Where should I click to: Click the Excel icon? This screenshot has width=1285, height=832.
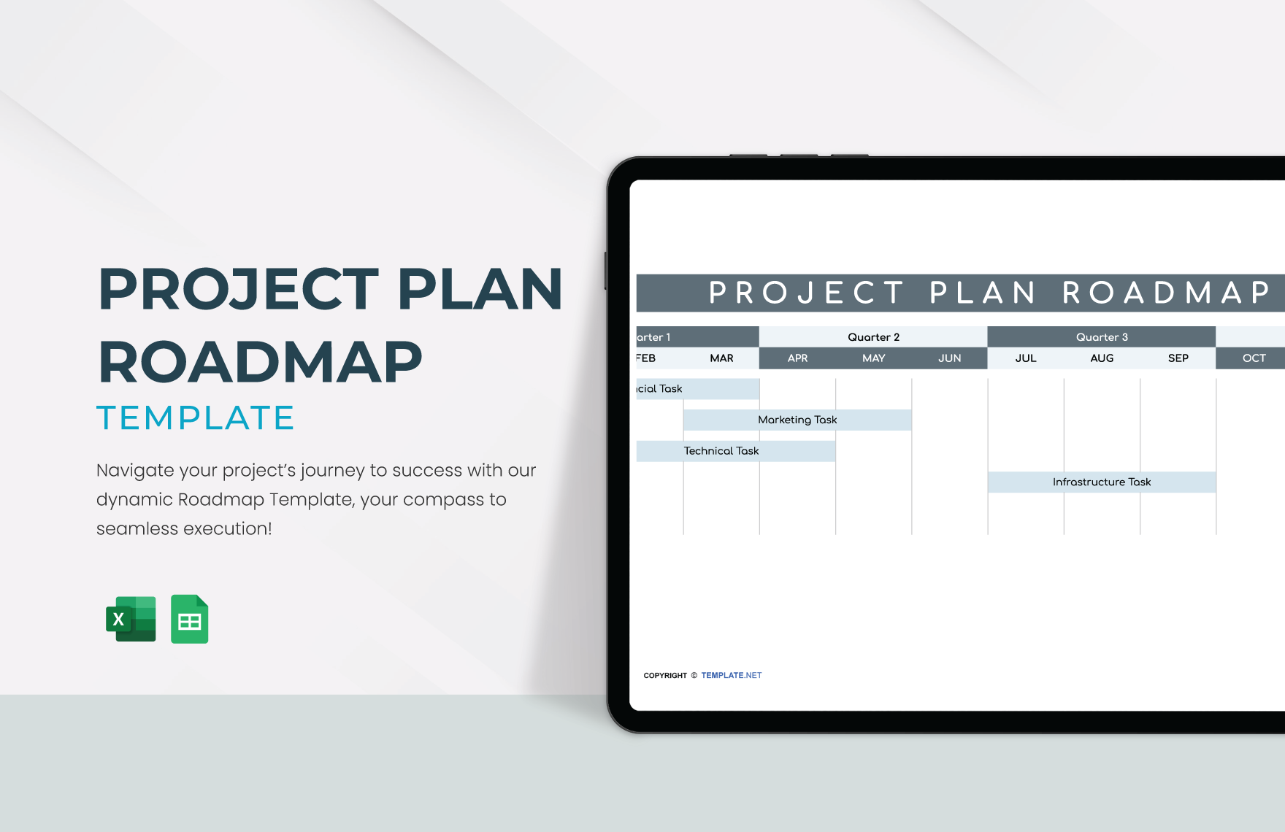tap(131, 619)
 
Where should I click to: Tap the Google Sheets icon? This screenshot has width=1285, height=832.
tap(189, 619)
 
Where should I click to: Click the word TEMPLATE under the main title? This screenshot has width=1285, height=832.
tap(195, 418)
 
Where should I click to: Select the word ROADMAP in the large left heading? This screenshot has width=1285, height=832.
tap(260, 362)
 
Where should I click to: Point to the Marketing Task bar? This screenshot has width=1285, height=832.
tap(797, 420)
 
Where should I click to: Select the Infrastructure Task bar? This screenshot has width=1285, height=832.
tap(1101, 482)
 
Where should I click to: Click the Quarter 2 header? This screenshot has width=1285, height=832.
tap(873, 337)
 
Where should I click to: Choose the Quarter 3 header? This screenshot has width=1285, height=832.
tap(1101, 337)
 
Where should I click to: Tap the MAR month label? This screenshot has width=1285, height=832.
tap(721, 358)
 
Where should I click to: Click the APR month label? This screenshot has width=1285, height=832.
tap(797, 358)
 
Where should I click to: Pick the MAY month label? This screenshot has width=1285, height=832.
tap(873, 358)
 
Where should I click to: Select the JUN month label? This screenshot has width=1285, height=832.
tap(949, 358)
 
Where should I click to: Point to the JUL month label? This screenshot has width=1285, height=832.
tap(1025, 358)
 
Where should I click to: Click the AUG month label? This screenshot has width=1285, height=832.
tap(1101, 358)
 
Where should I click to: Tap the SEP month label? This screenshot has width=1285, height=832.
tap(1178, 358)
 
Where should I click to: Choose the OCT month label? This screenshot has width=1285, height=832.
tap(1254, 358)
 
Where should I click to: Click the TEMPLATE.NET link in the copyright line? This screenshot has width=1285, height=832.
tap(731, 675)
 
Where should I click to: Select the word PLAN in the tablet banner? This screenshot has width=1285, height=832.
tap(982, 293)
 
